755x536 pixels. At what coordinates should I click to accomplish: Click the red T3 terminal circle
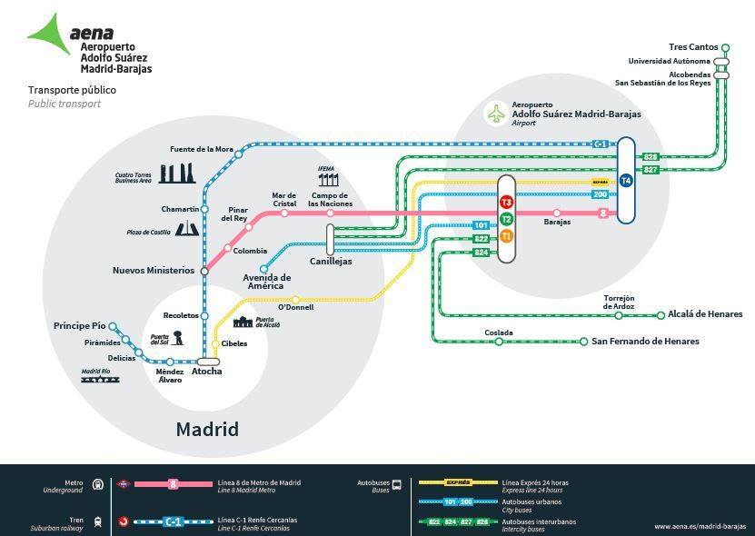506,202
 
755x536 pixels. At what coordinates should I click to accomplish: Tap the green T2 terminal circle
506,219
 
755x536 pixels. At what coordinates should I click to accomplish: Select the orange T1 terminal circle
506,236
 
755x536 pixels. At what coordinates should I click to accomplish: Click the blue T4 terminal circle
625,181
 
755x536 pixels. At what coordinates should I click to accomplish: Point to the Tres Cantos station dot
725,47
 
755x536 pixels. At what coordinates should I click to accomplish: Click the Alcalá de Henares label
705,314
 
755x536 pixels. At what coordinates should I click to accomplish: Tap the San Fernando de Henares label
645,342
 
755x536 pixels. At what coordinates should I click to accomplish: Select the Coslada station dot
499,342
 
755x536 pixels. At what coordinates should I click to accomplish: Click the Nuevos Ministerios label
153,271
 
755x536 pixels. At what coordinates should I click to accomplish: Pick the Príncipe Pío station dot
114,325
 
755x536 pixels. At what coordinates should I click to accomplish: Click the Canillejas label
331,262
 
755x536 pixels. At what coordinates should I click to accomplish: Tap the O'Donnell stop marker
295,299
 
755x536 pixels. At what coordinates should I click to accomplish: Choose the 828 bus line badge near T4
651,157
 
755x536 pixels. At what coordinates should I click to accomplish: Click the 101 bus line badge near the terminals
482,225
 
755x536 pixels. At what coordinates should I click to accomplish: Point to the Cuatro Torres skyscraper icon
176,173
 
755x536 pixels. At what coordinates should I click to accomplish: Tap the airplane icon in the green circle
496,114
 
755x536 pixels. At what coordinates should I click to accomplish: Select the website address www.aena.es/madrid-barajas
700,526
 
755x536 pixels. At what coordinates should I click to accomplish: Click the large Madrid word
207,429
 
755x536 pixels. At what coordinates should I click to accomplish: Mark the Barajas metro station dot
557,213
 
